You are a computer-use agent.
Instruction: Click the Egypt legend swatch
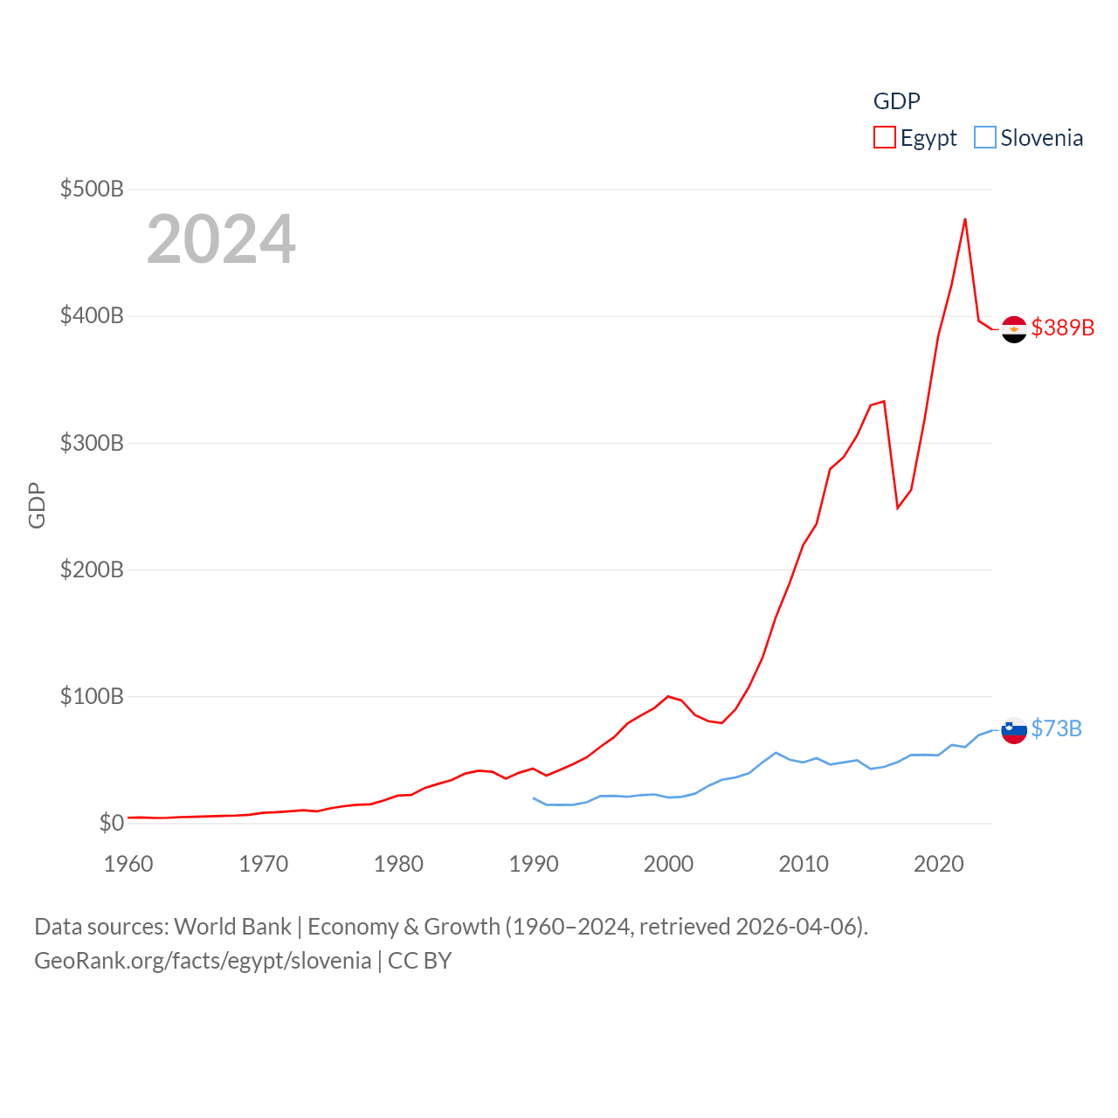885,138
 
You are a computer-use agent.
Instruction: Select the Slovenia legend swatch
985,138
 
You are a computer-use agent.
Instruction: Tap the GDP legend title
897,101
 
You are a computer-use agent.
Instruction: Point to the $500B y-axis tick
92,189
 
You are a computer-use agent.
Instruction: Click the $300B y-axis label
92,443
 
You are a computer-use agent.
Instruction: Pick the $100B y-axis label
92,696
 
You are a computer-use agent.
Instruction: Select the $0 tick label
111,823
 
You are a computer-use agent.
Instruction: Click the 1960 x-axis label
128,864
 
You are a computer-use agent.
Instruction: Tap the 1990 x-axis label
534,864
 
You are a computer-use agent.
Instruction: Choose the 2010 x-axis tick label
804,864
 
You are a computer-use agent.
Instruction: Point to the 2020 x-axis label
939,864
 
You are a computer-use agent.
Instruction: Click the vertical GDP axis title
37,506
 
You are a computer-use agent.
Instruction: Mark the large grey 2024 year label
221,239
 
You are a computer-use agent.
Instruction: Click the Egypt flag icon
1014,329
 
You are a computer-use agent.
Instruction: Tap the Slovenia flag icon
1014,730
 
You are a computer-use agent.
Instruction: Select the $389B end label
1063,328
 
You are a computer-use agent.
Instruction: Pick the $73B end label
1057,728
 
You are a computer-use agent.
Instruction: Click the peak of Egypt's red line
965,218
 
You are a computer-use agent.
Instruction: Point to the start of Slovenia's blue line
534,798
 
